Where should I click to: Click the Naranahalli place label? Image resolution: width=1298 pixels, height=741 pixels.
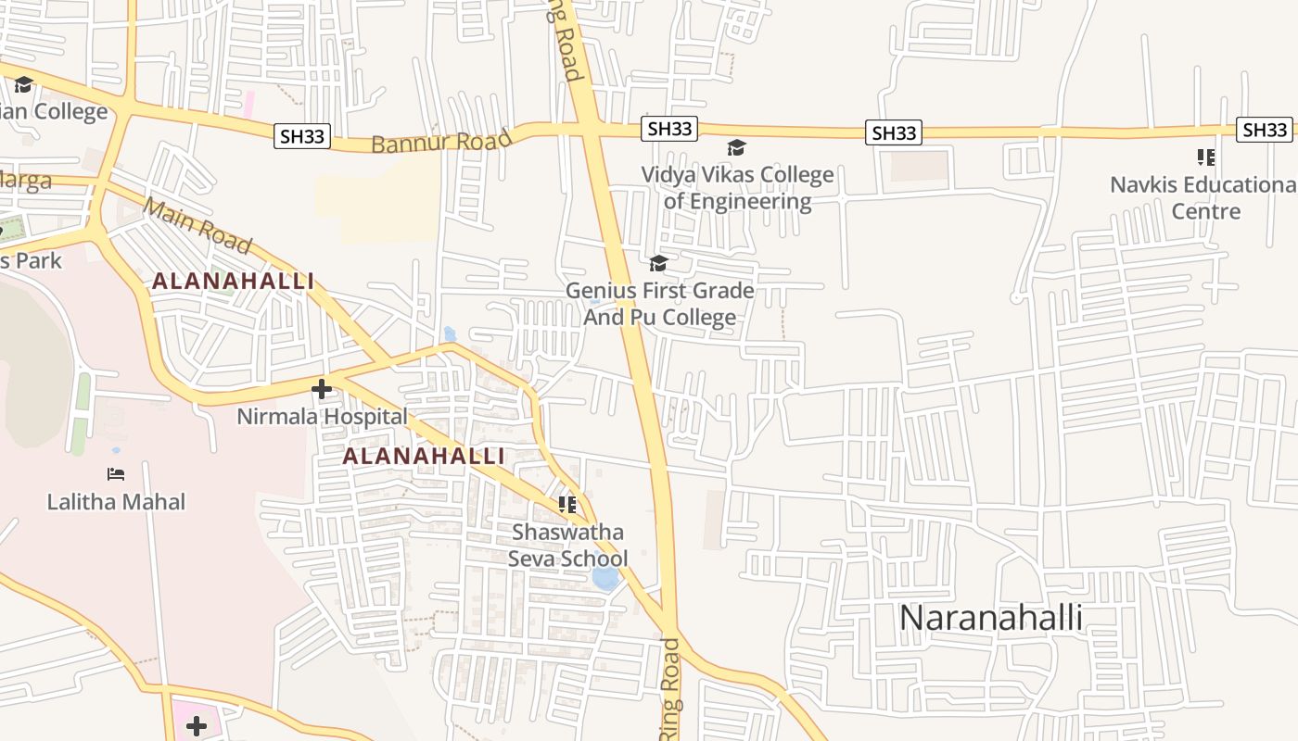pyautogui.click(x=991, y=618)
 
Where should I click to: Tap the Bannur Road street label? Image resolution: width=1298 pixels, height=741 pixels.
pyautogui.click(x=441, y=142)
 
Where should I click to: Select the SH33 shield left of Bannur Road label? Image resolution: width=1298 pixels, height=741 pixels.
pyautogui.click(x=303, y=136)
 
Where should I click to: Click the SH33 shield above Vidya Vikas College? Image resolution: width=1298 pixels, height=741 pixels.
pyautogui.click(x=669, y=129)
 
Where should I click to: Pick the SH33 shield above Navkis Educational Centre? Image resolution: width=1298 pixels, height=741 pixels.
pyautogui.click(x=1266, y=129)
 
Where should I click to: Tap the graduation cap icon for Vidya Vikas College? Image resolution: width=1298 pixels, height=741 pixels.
pyautogui.click(x=736, y=148)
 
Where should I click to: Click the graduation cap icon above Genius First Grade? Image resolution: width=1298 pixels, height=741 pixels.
pyautogui.click(x=658, y=264)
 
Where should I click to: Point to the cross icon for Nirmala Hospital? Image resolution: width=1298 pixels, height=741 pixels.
pyautogui.click(x=322, y=389)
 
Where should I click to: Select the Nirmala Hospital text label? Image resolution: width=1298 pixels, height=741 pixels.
pyautogui.click(x=322, y=417)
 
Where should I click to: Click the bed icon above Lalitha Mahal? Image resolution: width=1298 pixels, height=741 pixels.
pyautogui.click(x=116, y=474)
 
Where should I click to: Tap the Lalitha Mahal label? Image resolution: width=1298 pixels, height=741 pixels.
pyautogui.click(x=117, y=502)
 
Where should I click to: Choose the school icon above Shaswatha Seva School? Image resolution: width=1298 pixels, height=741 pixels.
pyautogui.click(x=567, y=505)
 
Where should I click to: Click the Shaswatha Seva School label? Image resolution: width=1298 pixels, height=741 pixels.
pyautogui.click(x=567, y=546)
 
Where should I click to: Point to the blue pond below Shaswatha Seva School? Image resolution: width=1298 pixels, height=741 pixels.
pyautogui.click(x=605, y=578)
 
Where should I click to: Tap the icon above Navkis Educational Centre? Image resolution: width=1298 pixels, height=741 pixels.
pyautogui.click(x=1205, y=157)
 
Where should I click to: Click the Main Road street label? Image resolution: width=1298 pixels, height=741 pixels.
pyautogui.click(x=197, y=225)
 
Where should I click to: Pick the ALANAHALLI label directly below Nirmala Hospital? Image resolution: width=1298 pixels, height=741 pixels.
pyautogui.click(x=424, y=456)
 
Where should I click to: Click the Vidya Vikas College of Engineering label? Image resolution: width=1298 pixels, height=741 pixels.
pyautogui.click(x=738, y=188)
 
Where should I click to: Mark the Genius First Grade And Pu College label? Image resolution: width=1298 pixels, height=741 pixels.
pyautogui.click(x=659, y=304)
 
